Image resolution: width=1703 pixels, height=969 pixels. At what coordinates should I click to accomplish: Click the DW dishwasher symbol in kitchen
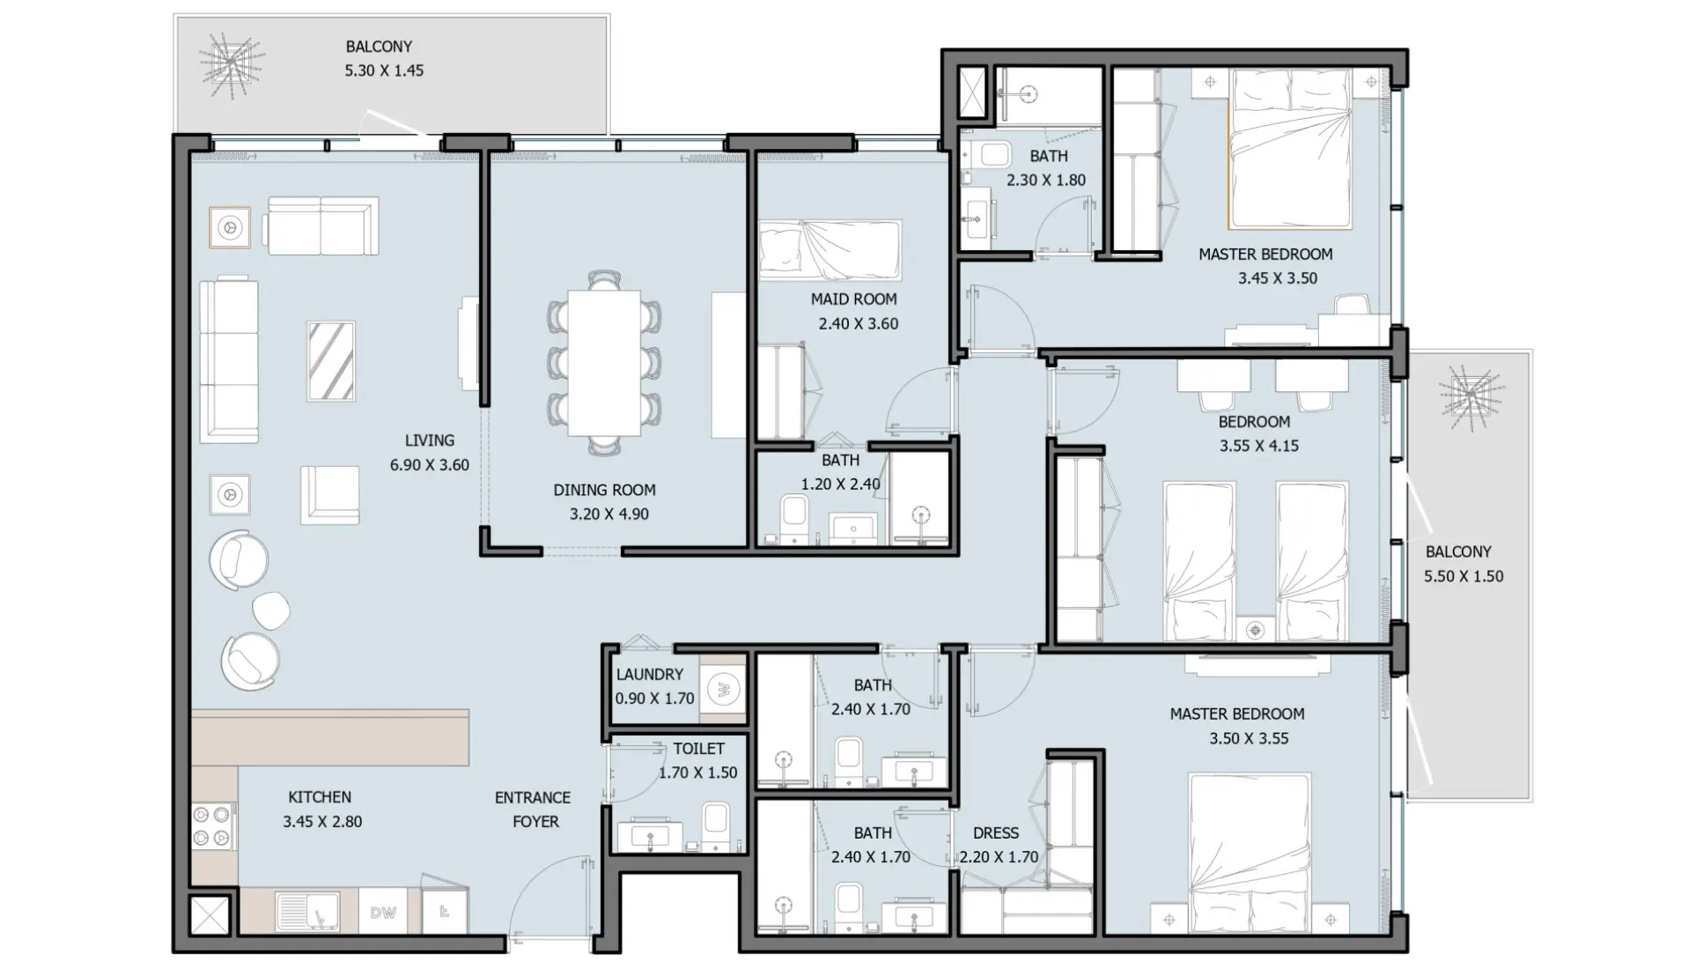click(383, 913)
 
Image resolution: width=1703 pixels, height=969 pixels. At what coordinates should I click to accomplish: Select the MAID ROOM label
click(853, 300)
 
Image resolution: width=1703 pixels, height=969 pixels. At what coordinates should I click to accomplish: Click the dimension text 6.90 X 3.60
click(430, 465)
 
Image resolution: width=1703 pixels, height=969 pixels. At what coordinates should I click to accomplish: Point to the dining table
click(604, 363)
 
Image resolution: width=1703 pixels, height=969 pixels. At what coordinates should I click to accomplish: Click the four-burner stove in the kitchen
click(214, 826)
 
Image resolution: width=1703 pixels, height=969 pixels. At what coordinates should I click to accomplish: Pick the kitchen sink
click(307, 911)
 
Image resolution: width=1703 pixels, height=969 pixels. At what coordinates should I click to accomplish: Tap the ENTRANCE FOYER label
click(533, 810)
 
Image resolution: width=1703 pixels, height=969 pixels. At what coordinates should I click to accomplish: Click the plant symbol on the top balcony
click(231, 63)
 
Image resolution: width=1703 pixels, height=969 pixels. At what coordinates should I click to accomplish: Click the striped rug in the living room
click(331, 361)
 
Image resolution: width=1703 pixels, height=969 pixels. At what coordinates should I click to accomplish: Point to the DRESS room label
click(996, 833)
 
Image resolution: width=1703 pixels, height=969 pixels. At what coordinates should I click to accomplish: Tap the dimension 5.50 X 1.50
click(1463, 577)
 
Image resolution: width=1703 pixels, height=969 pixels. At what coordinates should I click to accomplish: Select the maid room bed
click(829, 249)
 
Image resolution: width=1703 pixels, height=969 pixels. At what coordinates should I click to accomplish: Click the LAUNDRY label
click(650, 675)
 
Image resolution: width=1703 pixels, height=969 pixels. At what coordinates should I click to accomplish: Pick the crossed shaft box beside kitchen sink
click(210, 916)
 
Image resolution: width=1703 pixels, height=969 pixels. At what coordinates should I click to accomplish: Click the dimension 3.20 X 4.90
click(608, 514)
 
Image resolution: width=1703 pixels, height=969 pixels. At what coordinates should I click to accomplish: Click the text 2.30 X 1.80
click(1046, 180)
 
